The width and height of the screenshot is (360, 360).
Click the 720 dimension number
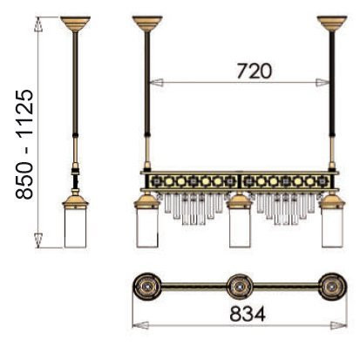coord(255,71)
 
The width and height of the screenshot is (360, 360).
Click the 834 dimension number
coord(248,314)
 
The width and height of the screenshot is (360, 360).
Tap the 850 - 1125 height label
coord(24,144)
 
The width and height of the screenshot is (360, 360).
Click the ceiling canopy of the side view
coord(75,23)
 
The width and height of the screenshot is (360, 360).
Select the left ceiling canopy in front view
coord(147,23)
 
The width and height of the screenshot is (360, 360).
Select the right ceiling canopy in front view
coord(332,23)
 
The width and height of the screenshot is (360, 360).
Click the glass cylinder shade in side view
coord(75,228)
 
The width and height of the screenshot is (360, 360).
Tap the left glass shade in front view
coord(147,228)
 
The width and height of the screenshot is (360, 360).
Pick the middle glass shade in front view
coord(240,228)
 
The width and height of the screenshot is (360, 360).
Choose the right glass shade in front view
coord(332,228)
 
